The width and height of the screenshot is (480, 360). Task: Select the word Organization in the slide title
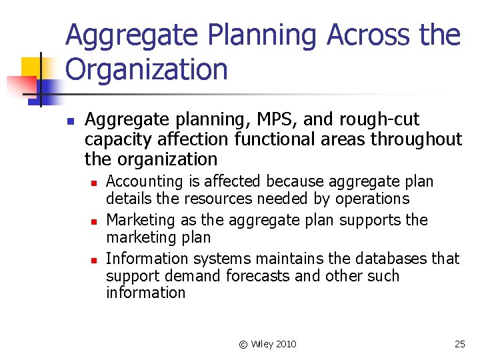(x=147, y=69)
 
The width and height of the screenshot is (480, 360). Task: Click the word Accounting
(x=144, y=181)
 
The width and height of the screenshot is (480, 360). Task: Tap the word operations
(x=372, y=199)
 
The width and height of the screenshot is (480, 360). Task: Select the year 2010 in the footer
(x=286, y=344)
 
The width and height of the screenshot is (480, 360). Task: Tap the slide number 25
(x=459, y=344)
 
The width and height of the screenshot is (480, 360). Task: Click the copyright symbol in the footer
(x=243, y=344)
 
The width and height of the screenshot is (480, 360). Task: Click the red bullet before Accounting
(x=95, y=182)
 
